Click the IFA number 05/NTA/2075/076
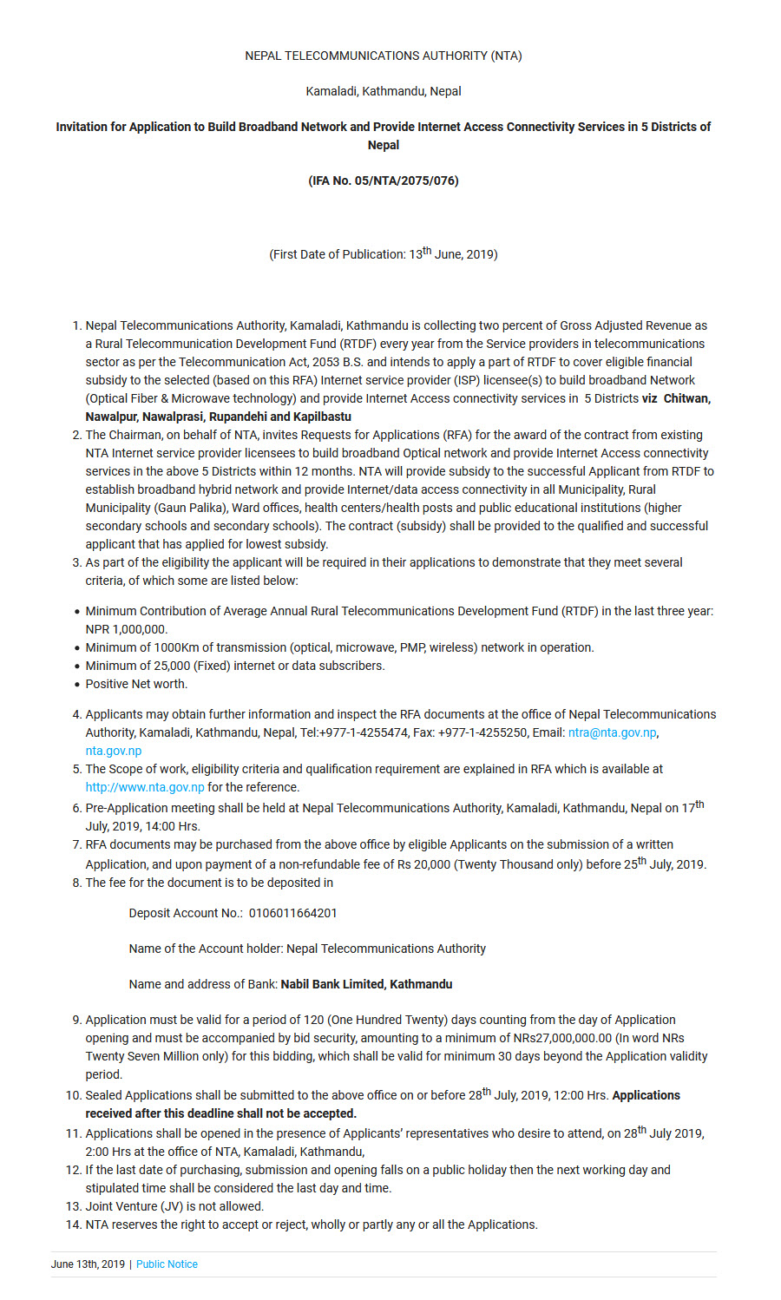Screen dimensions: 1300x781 tap(383, 181)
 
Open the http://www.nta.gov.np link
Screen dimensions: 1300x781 tap(145, 787)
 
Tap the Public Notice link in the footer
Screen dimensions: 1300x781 tap(167, 1264)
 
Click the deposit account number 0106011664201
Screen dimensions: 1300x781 tap(292, 913)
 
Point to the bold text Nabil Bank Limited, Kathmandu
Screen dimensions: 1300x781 tap(366, 984)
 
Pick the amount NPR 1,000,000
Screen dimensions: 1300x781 tap(127, 629)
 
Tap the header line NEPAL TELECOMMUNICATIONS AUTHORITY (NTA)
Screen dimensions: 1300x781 tap(383, 56)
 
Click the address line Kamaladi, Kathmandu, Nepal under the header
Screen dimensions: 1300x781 tap(383, 91)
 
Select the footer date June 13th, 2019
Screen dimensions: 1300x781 tap(88, 1264)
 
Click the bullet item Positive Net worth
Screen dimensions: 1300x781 tap(136, 684)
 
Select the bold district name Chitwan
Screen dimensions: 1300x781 tap(686, 398)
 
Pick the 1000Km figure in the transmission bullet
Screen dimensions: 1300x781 tap(176, 647)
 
